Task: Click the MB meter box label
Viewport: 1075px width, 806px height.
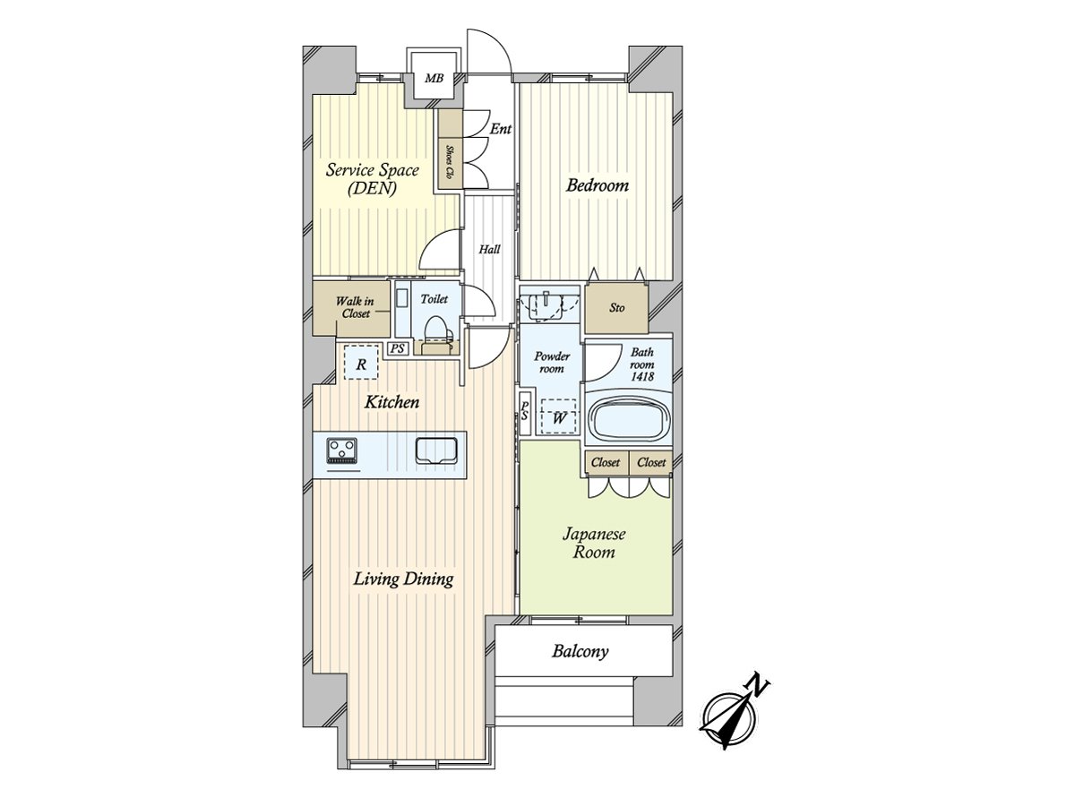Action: point(434,80)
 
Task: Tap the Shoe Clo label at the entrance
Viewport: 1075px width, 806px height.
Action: point(448,160)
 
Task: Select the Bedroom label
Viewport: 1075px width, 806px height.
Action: point(597,186)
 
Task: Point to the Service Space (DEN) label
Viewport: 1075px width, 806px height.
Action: point(372,179)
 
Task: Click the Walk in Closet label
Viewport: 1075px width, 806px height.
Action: point(354,308)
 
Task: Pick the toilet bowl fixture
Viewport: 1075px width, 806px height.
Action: point(436,329)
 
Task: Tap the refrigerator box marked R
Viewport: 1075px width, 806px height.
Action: point(361,364)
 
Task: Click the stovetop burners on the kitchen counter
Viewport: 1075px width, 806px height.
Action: point(340,450)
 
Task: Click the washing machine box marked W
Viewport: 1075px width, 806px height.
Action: point(559,416)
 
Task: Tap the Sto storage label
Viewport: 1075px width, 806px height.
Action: point(617,309)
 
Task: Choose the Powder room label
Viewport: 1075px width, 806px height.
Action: point(551,362)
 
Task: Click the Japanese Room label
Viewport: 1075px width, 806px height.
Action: point(594,543)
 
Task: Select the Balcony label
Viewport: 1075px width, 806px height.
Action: point(580,651)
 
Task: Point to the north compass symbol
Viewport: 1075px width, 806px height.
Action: point(734,712)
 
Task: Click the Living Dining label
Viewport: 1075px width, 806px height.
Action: point(403,579)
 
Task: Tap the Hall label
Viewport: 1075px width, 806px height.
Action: point(489,250)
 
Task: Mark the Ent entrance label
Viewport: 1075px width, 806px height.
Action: point(501,130)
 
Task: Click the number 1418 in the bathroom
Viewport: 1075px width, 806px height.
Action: point(641,376)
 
